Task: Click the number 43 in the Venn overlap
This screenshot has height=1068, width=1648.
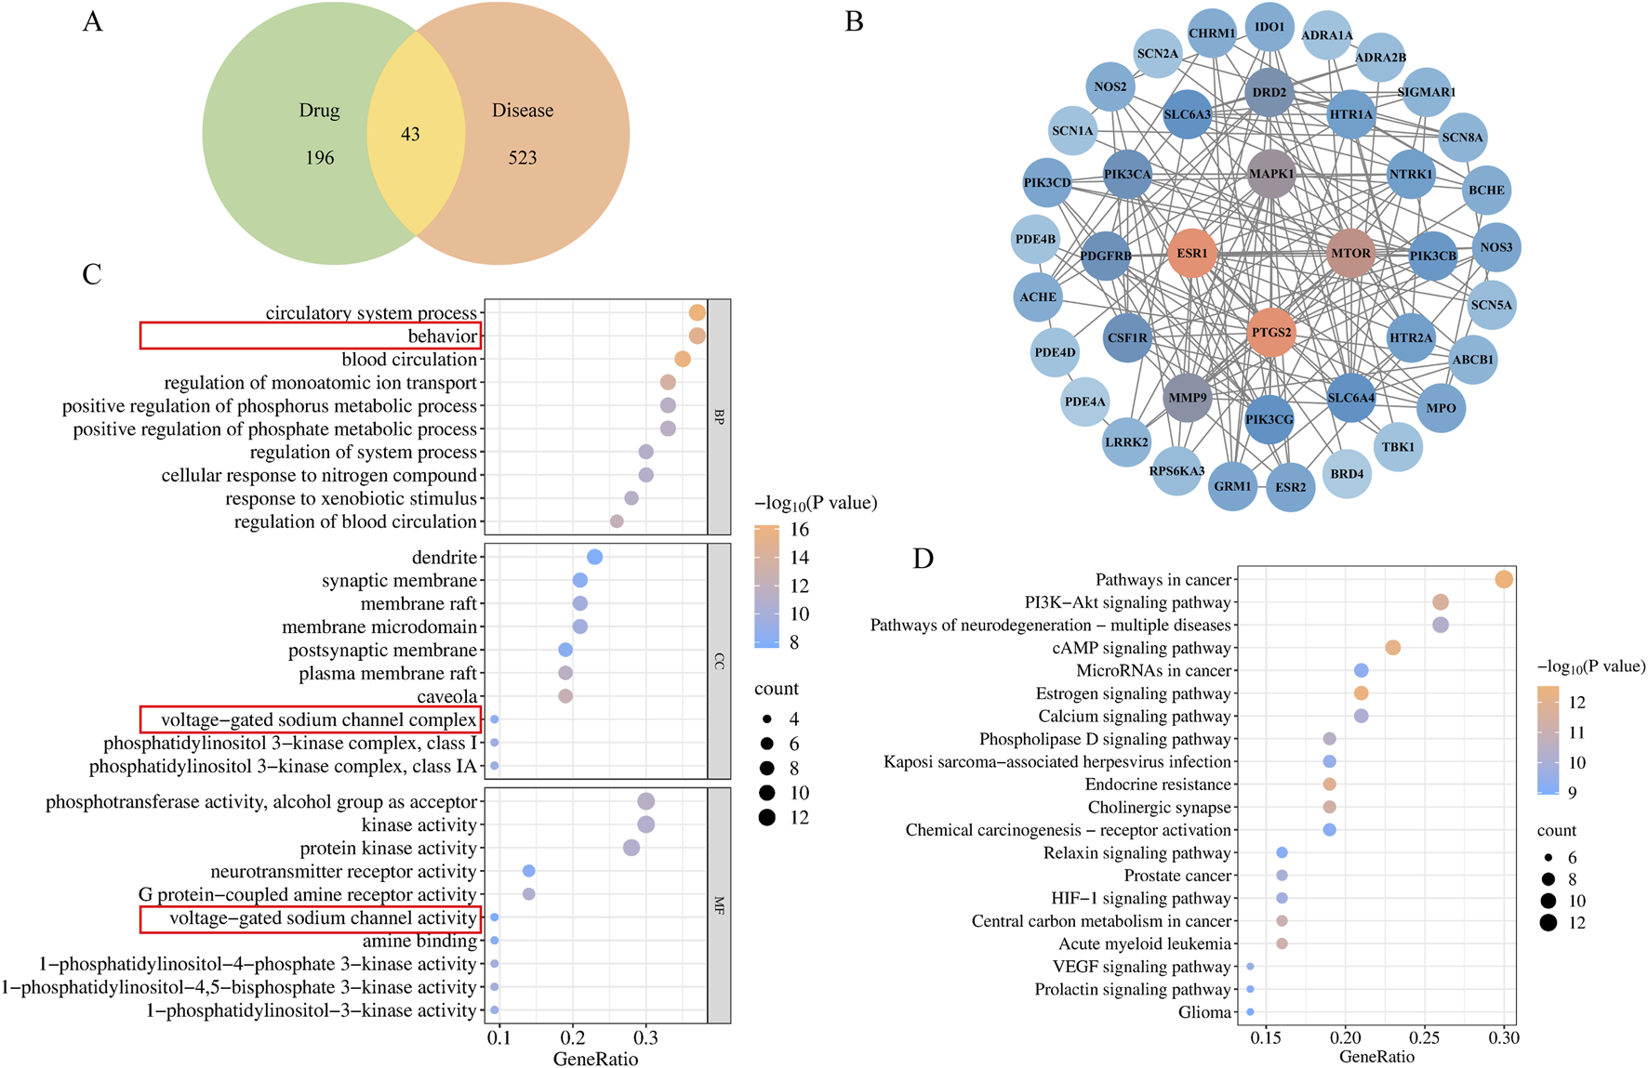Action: [410, 135]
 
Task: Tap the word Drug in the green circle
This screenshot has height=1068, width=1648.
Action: [319, 111]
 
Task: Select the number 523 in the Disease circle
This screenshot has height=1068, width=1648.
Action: [523, 158]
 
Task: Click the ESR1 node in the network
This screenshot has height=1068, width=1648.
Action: [1191, 253]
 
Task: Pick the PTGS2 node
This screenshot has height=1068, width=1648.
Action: [1270, 332]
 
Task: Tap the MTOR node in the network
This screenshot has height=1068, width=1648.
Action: [1350, 253]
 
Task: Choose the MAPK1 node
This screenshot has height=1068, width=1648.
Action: [1270, 174]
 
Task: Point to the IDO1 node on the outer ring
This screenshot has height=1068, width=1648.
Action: [1269, 27]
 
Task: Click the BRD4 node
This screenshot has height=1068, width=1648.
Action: [1347, 474]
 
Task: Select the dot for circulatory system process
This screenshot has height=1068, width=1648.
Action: [697, 313]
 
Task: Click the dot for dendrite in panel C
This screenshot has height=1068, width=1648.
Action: [595, 557]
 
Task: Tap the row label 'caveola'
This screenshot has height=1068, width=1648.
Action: [447, 696]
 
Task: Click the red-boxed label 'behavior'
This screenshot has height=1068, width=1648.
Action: [442, 336]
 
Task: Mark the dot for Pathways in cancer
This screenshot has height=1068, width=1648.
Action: [1503, 580]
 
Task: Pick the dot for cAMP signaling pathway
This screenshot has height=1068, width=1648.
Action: [1392, 648]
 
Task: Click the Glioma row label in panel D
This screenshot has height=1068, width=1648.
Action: [1204, 1012]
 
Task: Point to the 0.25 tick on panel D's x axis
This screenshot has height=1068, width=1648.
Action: [1425, 1037]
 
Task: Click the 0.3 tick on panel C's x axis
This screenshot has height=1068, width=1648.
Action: [645, 1037]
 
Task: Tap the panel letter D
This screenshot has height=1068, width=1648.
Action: [923, 559]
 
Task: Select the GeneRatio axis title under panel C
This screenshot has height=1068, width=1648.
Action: [595, 1059]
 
